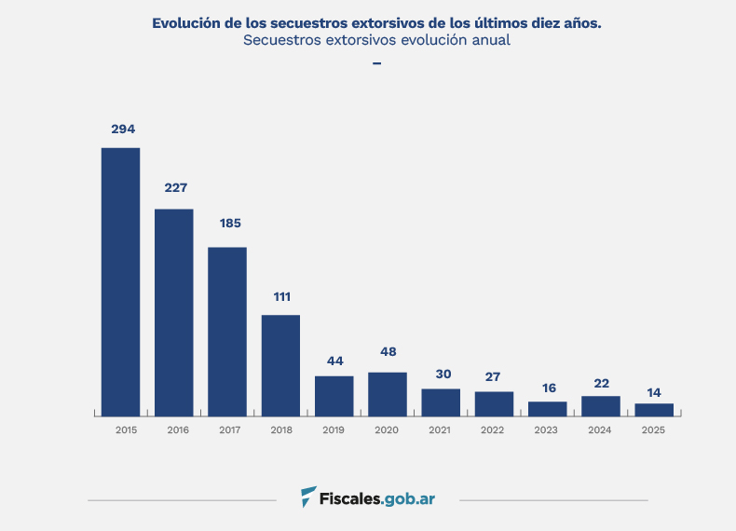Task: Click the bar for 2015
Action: (121, 281)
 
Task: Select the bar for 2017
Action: (227, 331)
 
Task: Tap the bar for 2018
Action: (280, 365)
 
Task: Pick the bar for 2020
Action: (388, 394)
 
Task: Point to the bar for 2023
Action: (548, 409)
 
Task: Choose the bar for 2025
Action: (654, 410)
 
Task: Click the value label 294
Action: (123, 129)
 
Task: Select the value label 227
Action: (176, 187)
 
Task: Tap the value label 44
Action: (335, 361)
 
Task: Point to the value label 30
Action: (443, 374)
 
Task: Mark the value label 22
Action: (601, 383)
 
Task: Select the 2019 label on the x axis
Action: (335, 430)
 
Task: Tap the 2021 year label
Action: (442, 430)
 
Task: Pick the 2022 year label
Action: (495, 430)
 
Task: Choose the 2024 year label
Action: (601, 430)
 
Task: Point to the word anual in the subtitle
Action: (489, 41)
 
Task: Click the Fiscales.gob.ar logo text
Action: (378, 498)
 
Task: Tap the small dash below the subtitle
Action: (376, 63)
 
